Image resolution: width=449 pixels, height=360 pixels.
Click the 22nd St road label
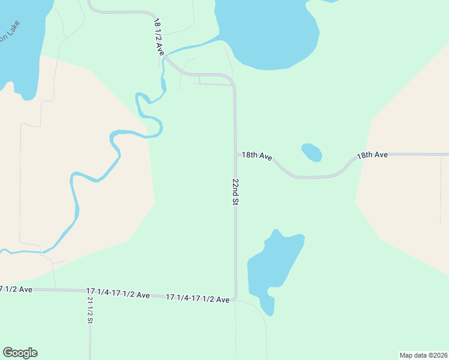click(236, 192)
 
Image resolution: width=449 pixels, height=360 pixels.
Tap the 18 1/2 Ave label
click(159, 37)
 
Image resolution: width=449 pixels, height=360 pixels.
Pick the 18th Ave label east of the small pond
click(372, 155)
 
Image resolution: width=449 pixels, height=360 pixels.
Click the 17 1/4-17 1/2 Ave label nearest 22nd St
click(197, 298)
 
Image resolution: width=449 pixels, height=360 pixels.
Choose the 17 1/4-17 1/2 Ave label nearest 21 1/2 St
click(118, 294)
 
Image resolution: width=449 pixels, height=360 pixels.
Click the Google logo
click(20, 353)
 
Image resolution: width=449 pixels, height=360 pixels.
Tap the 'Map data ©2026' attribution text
click(423, 355)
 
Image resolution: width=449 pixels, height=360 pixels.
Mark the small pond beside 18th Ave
click(312, 152)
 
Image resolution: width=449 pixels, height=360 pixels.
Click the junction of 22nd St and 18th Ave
click(235, 155)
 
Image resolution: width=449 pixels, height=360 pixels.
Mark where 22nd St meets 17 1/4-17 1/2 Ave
click(235, 298)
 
